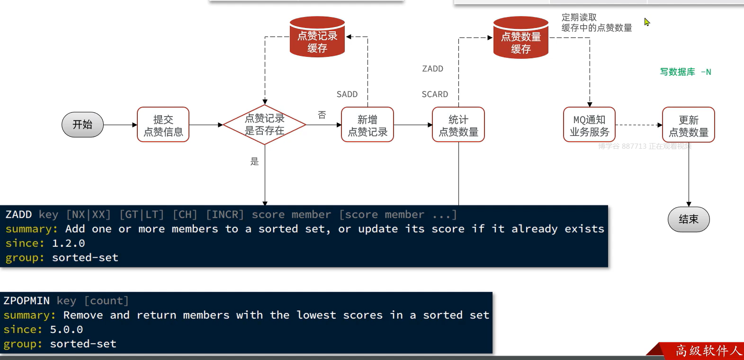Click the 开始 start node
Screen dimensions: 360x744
pos(82,125)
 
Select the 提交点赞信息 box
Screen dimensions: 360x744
pos(163,125)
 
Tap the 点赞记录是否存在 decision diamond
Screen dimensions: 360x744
pos(264,125)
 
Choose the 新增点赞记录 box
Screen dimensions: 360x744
pos(368,125)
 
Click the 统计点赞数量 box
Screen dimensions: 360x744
pos(458,125)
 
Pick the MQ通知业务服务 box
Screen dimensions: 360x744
pos(589,125)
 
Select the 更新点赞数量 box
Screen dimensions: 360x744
pos(688,125)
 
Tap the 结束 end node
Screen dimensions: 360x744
pos(688,219)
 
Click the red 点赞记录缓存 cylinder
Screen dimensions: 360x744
pos(317,38)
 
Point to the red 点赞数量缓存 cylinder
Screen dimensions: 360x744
pos(520,39)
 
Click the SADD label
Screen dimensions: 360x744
pos(347,94)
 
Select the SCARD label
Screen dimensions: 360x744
pos(435,94)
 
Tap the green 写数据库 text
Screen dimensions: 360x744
pos(678,72)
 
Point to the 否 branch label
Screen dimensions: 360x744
pos(322,115)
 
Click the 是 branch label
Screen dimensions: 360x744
pos(254,162)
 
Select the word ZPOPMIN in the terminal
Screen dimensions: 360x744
pos(27,301)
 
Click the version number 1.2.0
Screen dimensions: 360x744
pos(68,243)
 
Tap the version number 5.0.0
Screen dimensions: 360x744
pos(66,330)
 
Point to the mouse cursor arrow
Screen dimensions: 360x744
pos(646,22)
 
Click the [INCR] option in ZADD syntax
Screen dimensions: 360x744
pos(225,215)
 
